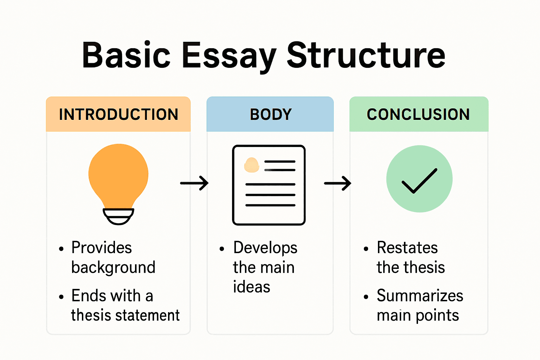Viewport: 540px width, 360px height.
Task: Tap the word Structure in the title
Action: (366, 56)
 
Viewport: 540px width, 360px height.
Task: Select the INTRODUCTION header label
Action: (118, 115)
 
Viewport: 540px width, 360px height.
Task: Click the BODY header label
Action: (271, 115)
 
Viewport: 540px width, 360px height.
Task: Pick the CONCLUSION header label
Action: (418, 115)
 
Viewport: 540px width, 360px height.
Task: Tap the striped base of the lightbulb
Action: (118, 216)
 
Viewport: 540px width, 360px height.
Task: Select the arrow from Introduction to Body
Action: (194, 183)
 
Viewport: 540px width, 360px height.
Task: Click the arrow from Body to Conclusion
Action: (337, 183)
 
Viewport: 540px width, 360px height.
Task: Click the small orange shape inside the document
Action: (252, 165)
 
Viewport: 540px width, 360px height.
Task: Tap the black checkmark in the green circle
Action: (419, 181)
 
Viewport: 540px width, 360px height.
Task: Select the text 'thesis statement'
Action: (125, 315)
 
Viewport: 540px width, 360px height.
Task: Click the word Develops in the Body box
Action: (265, 248)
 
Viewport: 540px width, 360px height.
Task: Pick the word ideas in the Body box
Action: (251, 287)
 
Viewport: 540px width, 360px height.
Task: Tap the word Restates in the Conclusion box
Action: (407, 248)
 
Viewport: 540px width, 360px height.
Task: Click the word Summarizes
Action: (420, 296)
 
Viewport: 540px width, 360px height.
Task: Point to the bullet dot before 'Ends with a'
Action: (62, 297)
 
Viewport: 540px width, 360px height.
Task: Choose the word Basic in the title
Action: (126, 56)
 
